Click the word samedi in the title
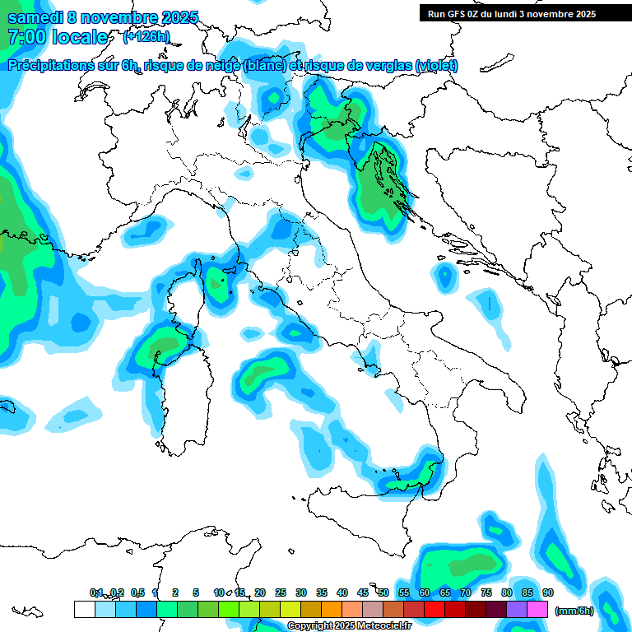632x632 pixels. (35, 17)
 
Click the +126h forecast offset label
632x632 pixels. (146, 37)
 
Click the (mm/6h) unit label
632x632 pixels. (574, 611)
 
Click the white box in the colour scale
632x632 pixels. (84, 609)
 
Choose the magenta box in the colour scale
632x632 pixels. (537, 609)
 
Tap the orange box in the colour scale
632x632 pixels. (331, 609)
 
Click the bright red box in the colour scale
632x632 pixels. (434, 609)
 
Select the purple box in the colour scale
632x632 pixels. (517, 609)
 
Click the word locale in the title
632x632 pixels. (80, 37)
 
